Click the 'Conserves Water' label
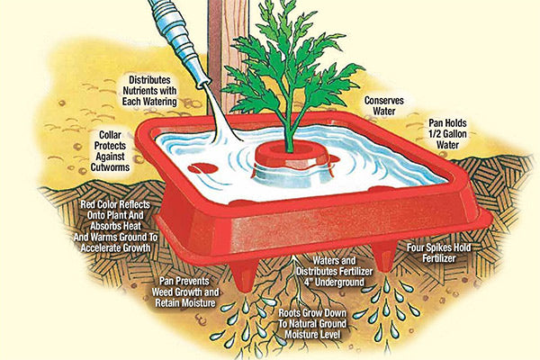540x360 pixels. click(384, 106)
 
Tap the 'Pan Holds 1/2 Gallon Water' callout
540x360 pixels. click(447, 134)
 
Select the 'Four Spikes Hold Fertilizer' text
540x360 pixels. click(439, 253)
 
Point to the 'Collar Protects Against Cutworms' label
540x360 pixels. click(110, 151)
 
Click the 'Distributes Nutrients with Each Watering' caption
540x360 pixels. click(149, 91)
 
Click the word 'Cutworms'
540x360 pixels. click(110, 167)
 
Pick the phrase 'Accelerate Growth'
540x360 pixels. click(115, 247)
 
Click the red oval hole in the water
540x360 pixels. click(202, 168)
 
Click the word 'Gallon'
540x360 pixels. click(454, 134)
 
